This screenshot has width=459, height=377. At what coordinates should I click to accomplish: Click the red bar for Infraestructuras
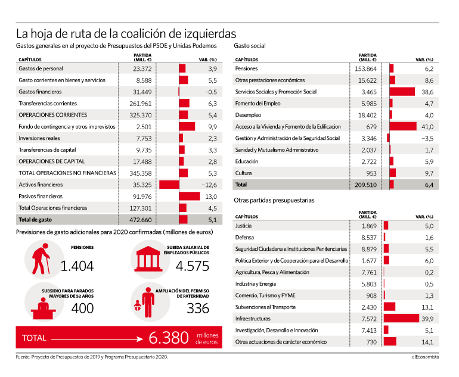401,319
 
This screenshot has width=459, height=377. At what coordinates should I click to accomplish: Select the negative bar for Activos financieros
169,185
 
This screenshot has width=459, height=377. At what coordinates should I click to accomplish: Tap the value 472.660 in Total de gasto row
141,220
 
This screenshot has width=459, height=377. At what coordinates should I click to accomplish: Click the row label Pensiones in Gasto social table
246,68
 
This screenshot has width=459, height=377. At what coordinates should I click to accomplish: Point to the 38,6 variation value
427,92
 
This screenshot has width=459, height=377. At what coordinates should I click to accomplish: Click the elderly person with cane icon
41,259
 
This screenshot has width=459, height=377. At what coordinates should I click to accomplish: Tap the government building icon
148,259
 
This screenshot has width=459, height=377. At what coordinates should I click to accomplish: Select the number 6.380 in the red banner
169,338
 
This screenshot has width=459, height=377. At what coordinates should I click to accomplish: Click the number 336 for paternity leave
198,309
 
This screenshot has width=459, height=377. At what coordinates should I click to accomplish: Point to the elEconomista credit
426,357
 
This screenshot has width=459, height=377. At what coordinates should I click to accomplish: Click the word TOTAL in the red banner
34,338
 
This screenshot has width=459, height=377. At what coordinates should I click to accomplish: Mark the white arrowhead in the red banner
140,339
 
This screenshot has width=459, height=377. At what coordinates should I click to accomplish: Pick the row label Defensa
244,238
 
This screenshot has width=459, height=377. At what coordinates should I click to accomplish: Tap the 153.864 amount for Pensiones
365,69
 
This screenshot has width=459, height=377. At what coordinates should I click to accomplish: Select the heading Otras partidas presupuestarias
274,200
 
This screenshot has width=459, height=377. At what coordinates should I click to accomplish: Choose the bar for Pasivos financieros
190,197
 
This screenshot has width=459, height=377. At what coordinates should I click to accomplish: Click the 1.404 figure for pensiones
77,266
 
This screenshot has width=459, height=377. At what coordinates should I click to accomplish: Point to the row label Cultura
243,173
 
